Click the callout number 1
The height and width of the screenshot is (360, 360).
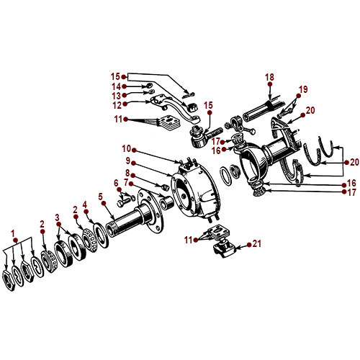[13, 232]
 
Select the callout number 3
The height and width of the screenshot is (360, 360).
[58, 216]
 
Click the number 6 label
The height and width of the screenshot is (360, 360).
[115, 182]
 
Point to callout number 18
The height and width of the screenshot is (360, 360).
[270, 76]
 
